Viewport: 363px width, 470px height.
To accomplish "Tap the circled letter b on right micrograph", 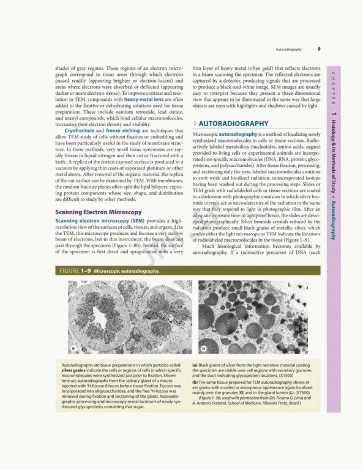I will coord(204,348).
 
